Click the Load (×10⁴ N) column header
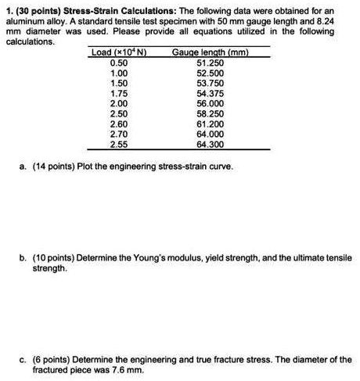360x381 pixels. (x=121, y=52)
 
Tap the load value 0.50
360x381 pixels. (x=119, y=63)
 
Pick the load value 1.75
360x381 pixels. (x=119, y=93)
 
